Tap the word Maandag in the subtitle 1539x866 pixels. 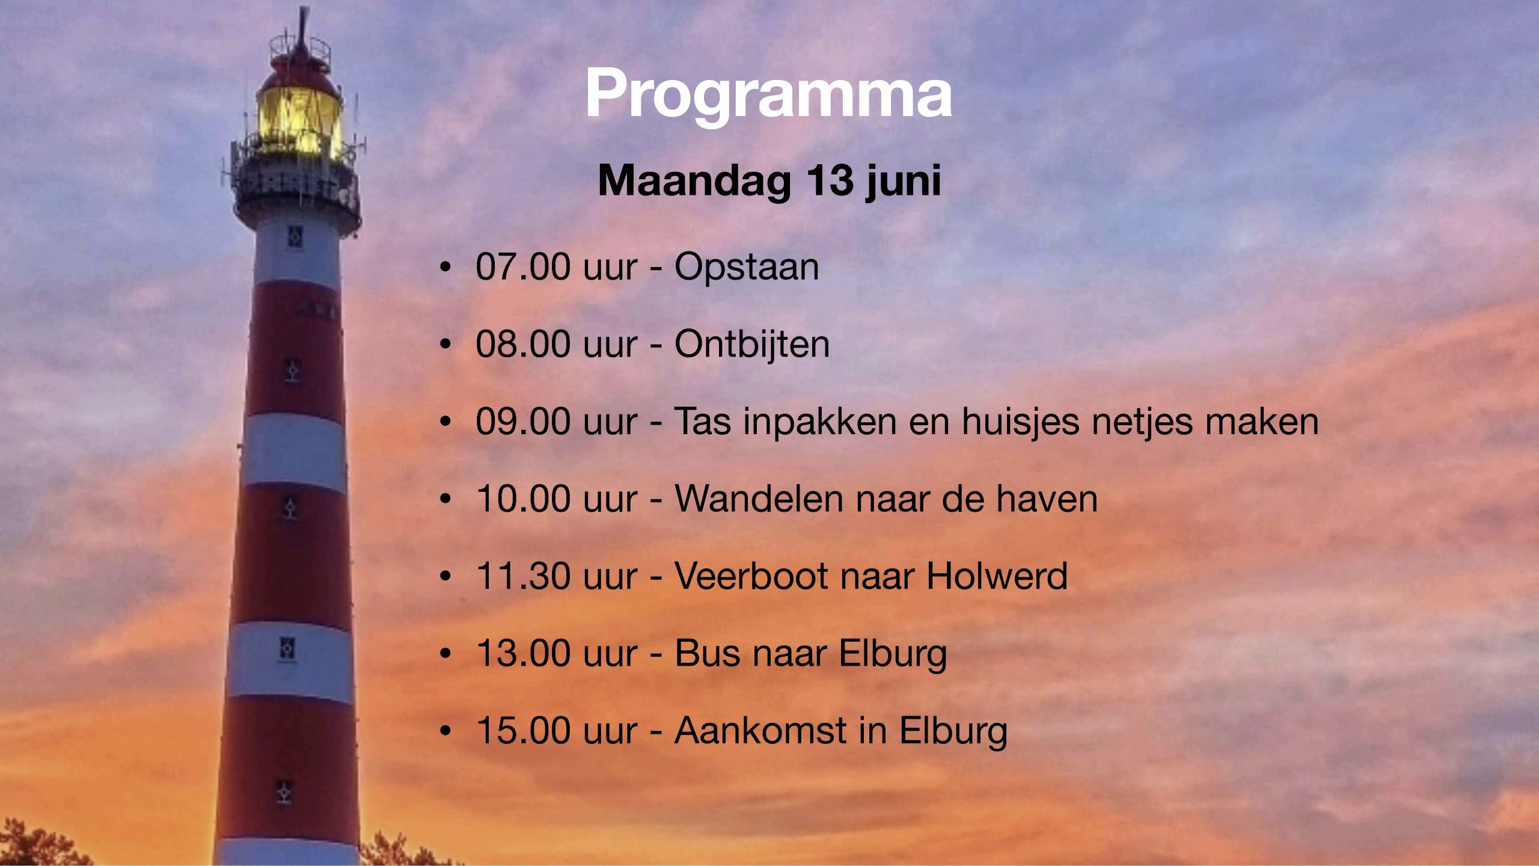coord(694,180)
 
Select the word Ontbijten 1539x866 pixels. coord(752,345)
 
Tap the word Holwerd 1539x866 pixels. coord(997,576)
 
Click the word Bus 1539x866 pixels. coord(708,653)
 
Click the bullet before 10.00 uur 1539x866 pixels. coord(445,499)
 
